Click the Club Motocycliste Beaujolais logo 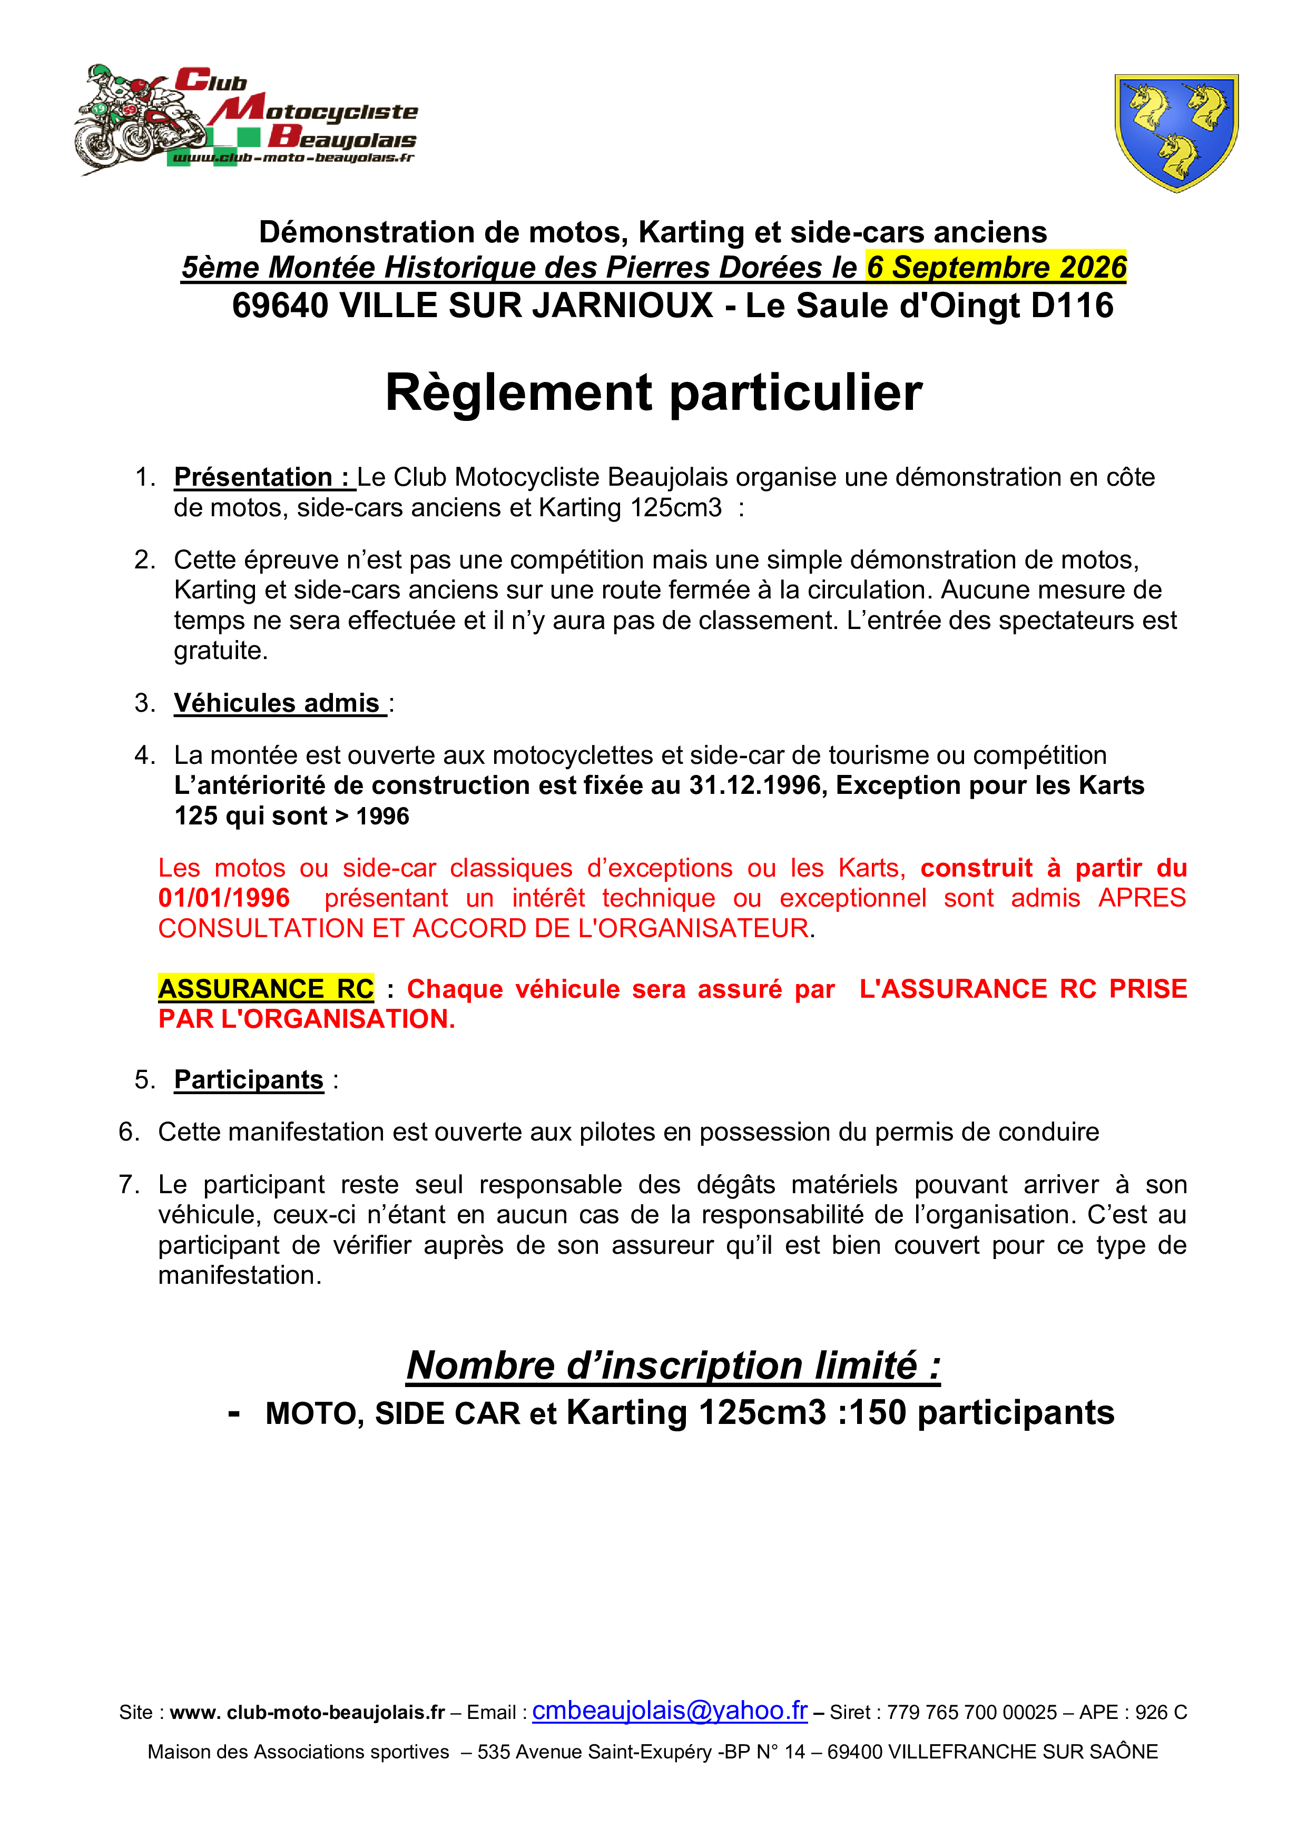pyautogui.click(x=246, y=119)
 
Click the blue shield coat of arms pyautogui.click(x=1176, y=132)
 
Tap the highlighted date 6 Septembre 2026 pyautogui.click(x=996, y=267)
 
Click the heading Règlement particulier pyautogui.click(x=653, y=393)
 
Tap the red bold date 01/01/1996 pyautogui.click(x=224, y=898)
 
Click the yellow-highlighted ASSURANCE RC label pyautogui.click(x=266, y=988)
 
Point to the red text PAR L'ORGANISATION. pyautogui.click(x=307, y=1019)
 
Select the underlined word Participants pyautogui.click(x=249, y=1080)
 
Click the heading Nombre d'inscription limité pyautogui.click(x=673, y=1366)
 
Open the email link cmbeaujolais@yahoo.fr pyautogui.click(x=670, y=1711)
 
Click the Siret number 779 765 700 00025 pyautogui.click(x=972, y=1713)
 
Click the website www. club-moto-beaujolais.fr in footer pyautogui.click(x=308, y=1713)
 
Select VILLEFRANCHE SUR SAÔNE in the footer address pyautogui.click(x=992, y=1752)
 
